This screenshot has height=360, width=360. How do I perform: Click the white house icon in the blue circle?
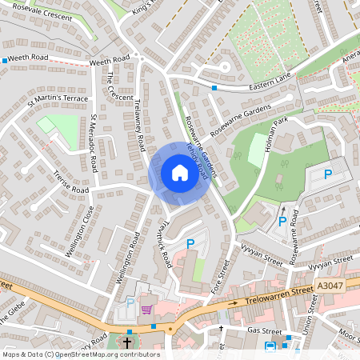[179, 172]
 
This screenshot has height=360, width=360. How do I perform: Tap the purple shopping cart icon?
[146, 309]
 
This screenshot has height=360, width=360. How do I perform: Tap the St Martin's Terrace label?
[58, 99]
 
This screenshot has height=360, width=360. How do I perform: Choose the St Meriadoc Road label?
[94, 143]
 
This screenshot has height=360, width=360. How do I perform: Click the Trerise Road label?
[70, 186]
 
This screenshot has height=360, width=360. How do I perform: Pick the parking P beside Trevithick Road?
[190, 243]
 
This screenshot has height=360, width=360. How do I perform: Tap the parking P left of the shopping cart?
[130, 302]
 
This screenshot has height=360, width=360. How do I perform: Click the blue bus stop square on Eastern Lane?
[214, 87]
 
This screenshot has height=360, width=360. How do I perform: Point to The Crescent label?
[120, 86]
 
